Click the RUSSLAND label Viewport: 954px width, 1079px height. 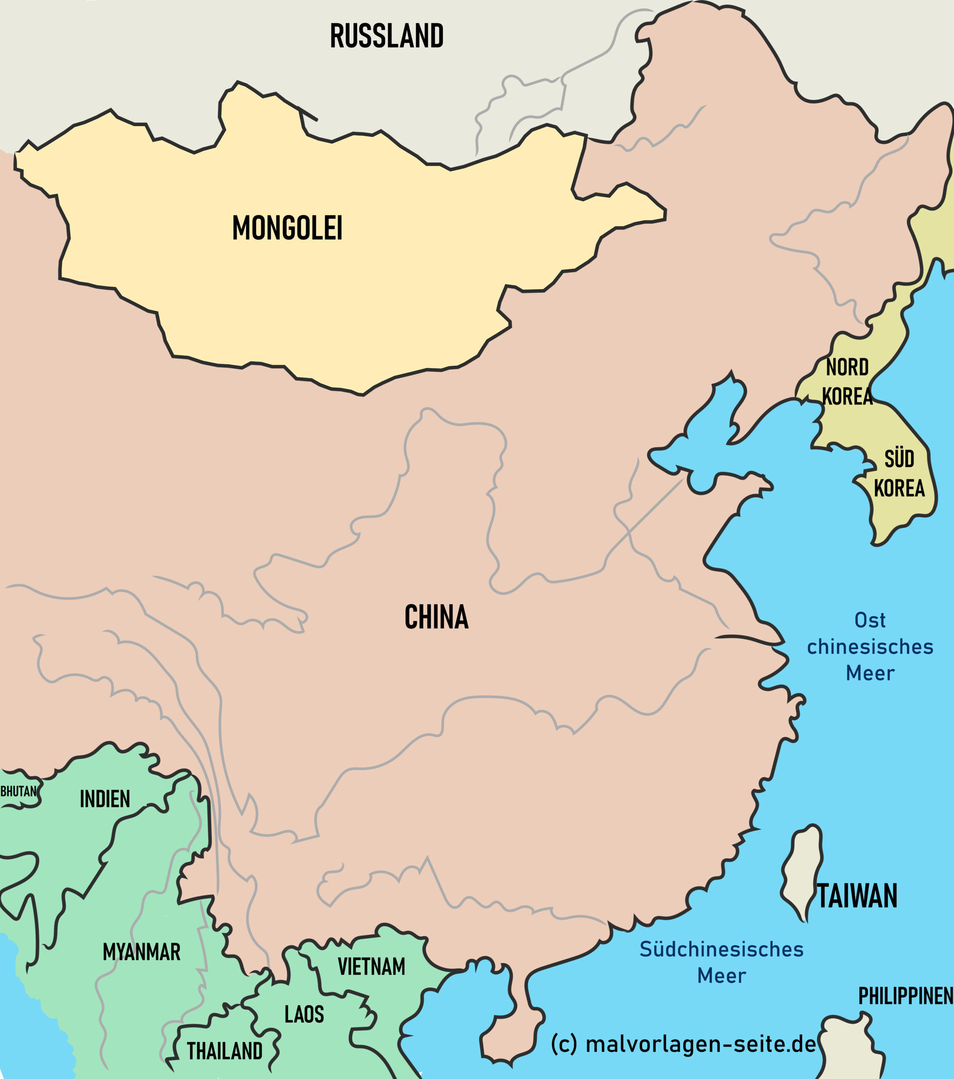pos(387,36)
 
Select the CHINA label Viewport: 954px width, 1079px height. pos(436,617)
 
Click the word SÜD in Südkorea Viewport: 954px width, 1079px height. pos(899,459)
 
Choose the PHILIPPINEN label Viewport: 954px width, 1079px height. pos(905,996)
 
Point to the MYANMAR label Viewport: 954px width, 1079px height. pos(142,952)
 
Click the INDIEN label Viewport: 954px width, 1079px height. pos(105,799)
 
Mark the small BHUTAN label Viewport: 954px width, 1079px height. pos(19,791)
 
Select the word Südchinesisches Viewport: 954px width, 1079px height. pos(721,949)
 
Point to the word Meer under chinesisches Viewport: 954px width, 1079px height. pos(870,674)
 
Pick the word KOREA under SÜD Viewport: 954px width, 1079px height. pos(899,489)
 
